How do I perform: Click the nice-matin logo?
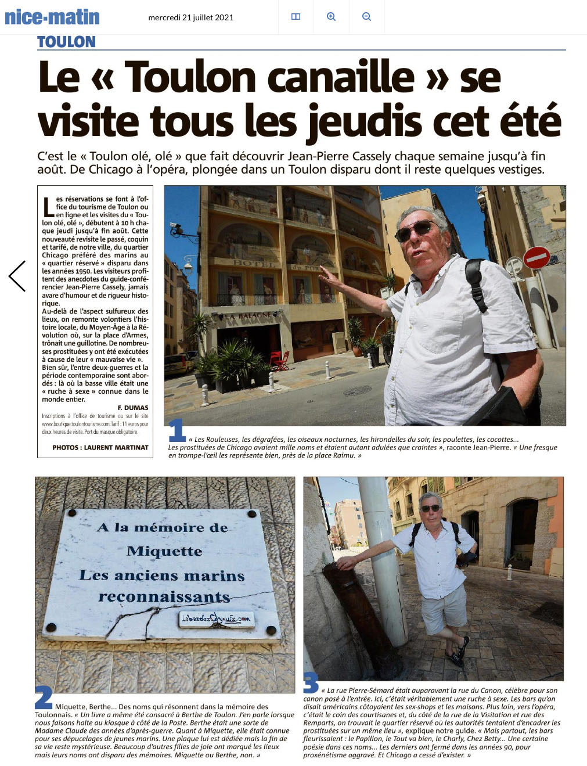pyautogui.click(x=52, y=17)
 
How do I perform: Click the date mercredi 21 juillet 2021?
pyautogui.click(x=190, y=17)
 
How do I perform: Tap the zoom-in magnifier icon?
pyautogui.click(x=331, y=17)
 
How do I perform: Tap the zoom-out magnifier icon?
pyautogui.click(x=366, y=17)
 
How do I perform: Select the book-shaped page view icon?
pyautogui.click(x=296, y=17)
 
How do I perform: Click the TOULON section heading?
pyautogui.click(x=66, y=42)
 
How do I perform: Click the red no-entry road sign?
pyautogui.click(x=536, y=257)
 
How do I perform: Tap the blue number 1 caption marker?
pyautogui.click(x=177, y=430)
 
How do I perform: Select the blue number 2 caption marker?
pyautogui.click(x=44, y=696)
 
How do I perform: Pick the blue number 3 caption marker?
pyautogui.click(x=311, y=683)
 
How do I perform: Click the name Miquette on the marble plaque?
pyautogui.click(x=164, y=551)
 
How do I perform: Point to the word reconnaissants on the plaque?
pyautogui.click(x=164, y=596)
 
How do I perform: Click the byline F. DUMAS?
pyautogui.click(x=133, y=408)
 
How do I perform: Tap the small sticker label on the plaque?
pyautogui.click(x=216, y=619)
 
